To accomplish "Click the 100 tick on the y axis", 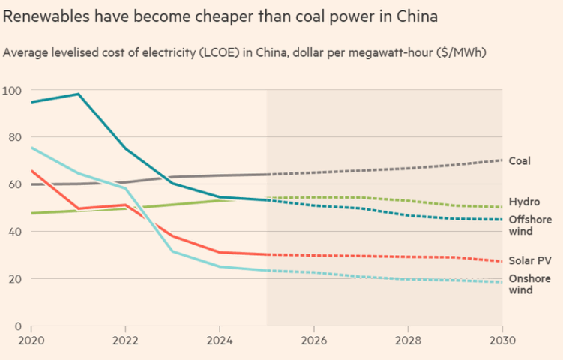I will click(12, 90).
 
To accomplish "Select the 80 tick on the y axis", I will click(14, 137).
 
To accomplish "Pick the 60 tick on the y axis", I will click(14, 184).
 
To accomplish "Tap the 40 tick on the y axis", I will click(14, 232).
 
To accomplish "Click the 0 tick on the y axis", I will click(17, 325).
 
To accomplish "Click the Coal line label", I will click(520, 161).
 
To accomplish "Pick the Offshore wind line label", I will click(529, 225).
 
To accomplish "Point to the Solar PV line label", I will click(529, 259).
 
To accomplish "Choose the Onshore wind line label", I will click(529, 284).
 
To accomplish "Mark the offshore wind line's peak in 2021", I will click(78, 94).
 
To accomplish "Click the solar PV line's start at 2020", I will click(31, 171).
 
